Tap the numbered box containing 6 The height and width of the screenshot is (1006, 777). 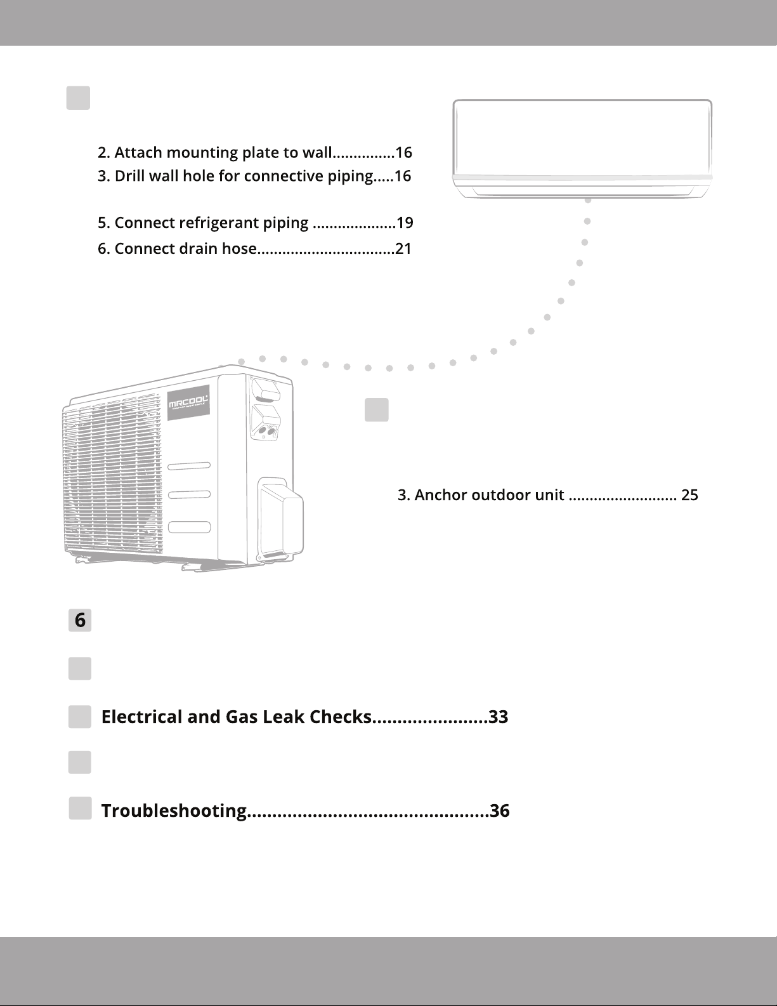point(80,620)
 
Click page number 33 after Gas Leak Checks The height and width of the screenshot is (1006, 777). point(499,717)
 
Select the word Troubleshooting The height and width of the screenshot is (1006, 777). point(174,811)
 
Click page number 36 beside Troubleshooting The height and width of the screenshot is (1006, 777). point(500,811)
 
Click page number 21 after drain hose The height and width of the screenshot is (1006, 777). point(403,249)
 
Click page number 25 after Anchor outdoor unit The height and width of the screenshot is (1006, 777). point(689,495)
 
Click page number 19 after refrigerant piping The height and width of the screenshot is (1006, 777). point(405,223)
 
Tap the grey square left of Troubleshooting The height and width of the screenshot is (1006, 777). point(80,809)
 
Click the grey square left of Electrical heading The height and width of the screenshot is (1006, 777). point(80,717)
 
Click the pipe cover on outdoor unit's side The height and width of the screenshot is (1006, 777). point(280,517)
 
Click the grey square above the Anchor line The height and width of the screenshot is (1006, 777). point(377,410)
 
